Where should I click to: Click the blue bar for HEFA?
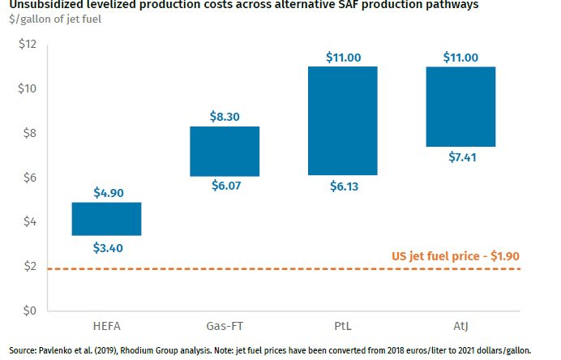pyautogui.click(x=107, y=219)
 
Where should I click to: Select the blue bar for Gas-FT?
pyautogui.click(x=225, y=152)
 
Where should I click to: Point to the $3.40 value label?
pyautogui.click(x=107, y=247)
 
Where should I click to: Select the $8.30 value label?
pyautogui.click(x=225, y=116)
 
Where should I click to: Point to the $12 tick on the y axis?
pyautogui.click(x=28, y=44)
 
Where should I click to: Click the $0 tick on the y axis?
pyautogui.click(x=31, y=311)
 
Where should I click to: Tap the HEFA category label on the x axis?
pyautogui.click(x=107, y=325)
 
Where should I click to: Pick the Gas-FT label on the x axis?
pyautogui.click(x=225, y=325)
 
